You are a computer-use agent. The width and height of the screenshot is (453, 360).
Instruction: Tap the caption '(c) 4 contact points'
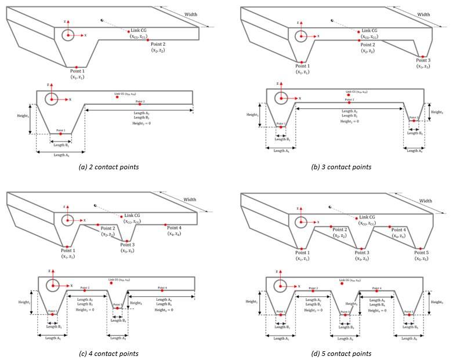coord(111,353)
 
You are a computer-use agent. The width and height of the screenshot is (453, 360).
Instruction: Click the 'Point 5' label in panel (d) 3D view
coord(423,246)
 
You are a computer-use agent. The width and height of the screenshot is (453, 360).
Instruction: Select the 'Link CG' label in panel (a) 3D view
coord(140,30)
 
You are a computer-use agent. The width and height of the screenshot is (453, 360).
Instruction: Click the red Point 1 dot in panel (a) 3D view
coord(77,67)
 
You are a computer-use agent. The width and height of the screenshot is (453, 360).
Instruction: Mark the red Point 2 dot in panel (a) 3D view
coord(148,41)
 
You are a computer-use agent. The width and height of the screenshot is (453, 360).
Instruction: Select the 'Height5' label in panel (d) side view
coord(439,301)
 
